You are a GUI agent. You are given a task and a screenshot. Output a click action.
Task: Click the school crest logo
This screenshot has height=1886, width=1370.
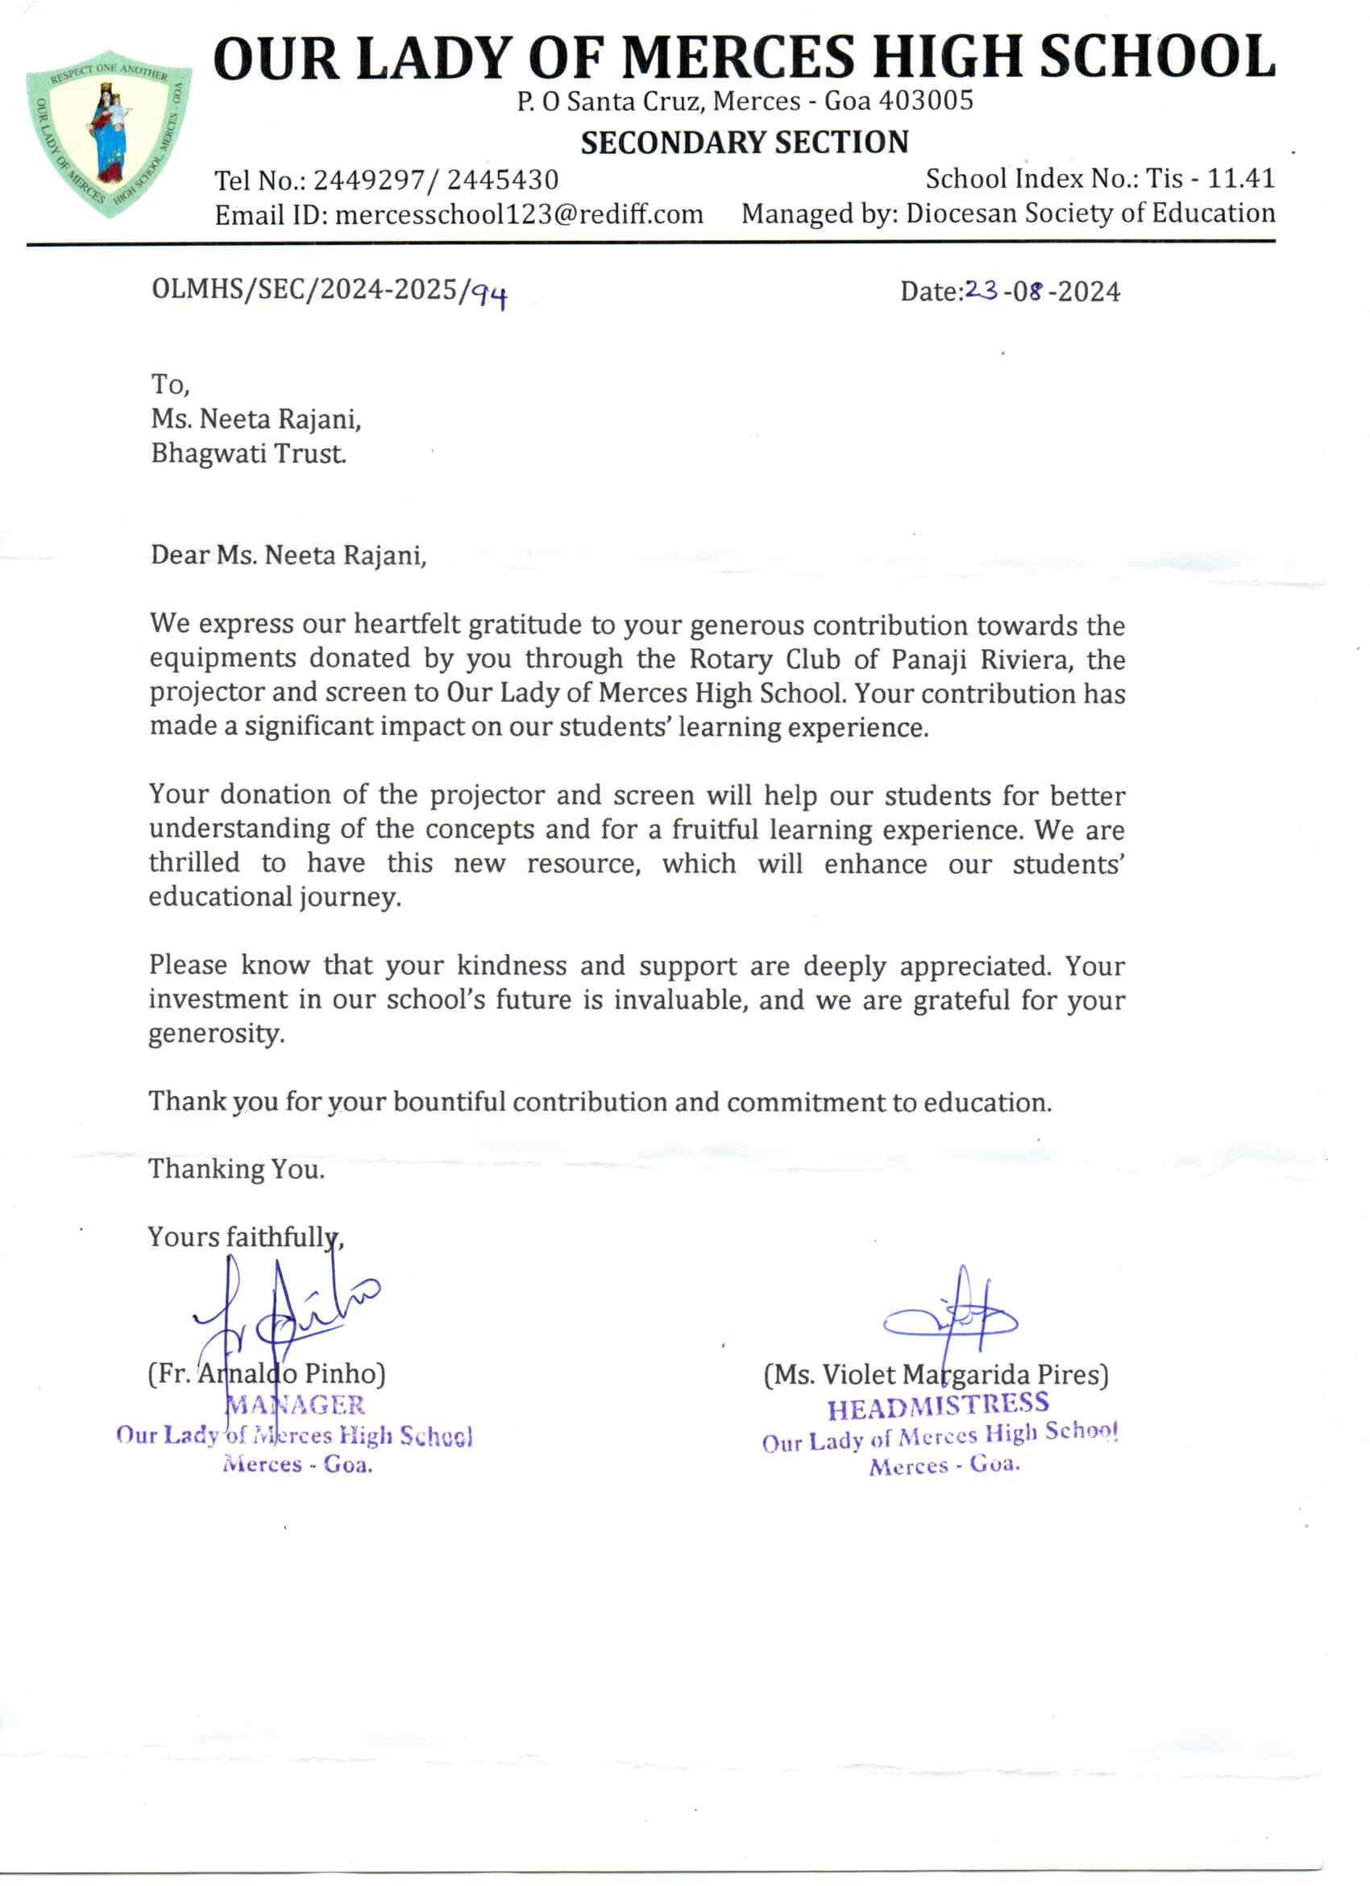(109, 133)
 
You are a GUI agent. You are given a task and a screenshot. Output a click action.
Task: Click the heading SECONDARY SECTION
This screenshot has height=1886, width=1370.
(744, 143)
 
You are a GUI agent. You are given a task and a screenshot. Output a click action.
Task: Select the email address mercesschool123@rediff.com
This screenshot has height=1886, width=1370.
(519, 215)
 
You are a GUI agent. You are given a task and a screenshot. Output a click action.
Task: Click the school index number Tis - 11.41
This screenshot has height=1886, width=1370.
(1210, 179)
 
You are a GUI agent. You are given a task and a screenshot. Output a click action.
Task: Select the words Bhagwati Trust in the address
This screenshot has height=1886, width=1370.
(247, 454)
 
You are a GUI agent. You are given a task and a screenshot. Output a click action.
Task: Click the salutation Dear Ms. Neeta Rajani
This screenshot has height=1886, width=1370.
(289, 555)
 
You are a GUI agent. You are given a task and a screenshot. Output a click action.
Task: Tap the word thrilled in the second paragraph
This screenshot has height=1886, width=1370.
(194, 863)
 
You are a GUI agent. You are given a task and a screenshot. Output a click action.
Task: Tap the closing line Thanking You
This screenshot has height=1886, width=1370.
(236, 1170)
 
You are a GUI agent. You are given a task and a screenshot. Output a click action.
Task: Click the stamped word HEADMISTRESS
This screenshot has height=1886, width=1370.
(938, 1407)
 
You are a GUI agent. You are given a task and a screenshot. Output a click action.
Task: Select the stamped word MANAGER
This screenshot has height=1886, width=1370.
(296, 1406)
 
